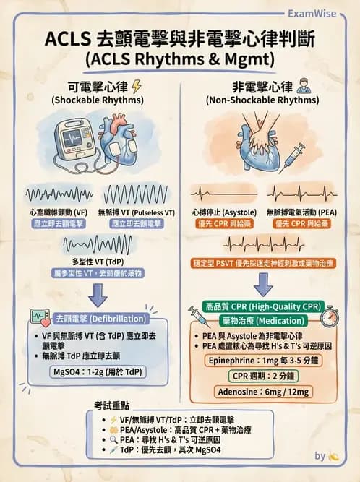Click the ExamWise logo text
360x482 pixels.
[320, 12]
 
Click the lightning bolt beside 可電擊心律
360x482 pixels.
[137, 87]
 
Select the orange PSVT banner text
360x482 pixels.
[265, 264]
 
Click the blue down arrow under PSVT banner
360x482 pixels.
[263, 285]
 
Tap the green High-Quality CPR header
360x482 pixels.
[263, 305]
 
